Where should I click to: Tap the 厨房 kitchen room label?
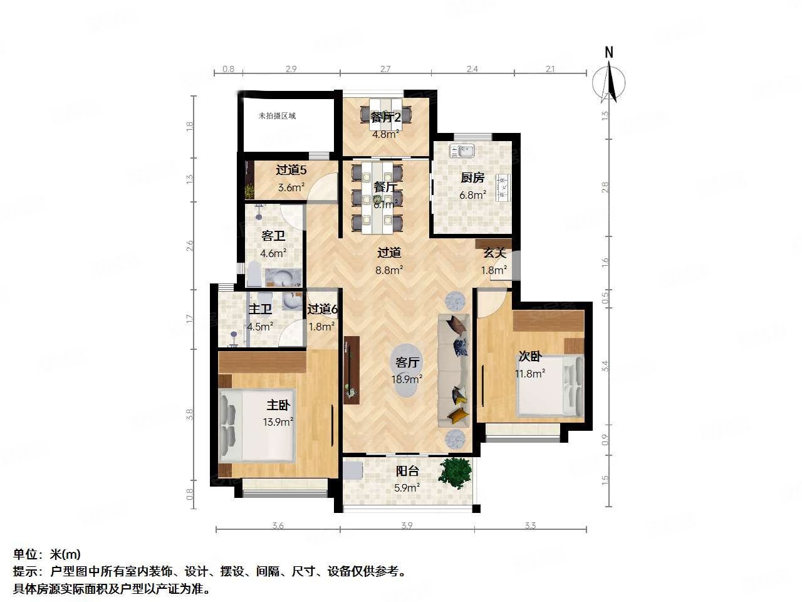pos(472,178)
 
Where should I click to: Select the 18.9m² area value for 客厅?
pos(407,379)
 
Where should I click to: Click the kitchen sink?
pos(465,150)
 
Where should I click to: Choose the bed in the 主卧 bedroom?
pos(256,426)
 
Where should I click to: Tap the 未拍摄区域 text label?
pos(277,116)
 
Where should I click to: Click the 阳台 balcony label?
pos(407,472)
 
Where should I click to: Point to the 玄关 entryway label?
pos(494,253)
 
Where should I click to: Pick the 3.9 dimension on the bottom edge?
pos(407,525)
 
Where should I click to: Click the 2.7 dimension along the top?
pos(385,69)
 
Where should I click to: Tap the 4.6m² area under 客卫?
pos(273,253)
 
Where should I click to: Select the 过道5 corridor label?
pos(291,170)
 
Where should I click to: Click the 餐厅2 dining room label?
pos(386,118)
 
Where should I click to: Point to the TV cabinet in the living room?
pos(352,370)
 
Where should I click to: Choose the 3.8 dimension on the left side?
pos(189,414)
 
